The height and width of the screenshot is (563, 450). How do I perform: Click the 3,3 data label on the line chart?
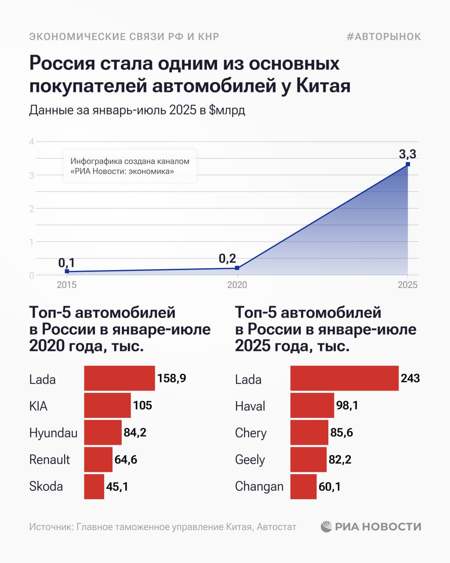(407, 154)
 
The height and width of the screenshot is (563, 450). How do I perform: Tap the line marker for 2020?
(237, 268)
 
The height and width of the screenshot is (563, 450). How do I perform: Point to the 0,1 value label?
(67, 263)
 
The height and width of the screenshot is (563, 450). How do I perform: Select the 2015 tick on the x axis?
(67, 285)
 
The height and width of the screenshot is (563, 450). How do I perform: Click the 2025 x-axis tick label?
(407, 285)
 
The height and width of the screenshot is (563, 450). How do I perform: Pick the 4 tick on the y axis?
(32, 142)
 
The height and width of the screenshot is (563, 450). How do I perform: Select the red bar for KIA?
(107, 405)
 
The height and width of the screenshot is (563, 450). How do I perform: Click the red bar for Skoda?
(94, 486)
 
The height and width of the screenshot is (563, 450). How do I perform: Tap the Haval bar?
(312, 405)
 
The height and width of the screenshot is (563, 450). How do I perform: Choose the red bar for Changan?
(303, 486)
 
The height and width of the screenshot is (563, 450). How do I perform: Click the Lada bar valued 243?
(344, 378)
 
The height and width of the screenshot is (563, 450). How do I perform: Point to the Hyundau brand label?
(53, 433)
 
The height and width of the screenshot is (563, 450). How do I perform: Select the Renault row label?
(50, 460)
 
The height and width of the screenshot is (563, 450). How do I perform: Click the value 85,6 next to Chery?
(341, 432)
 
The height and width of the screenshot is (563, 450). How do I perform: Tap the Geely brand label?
(250, 460)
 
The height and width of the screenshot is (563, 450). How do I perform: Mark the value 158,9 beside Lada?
(171, 378)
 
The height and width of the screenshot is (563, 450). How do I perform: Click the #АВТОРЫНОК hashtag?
(384, 37)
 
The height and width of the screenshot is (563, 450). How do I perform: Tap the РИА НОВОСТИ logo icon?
(327, 526)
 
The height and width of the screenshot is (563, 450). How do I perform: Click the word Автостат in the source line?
(276, 526)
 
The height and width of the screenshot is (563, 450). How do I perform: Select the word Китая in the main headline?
(323, 86)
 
